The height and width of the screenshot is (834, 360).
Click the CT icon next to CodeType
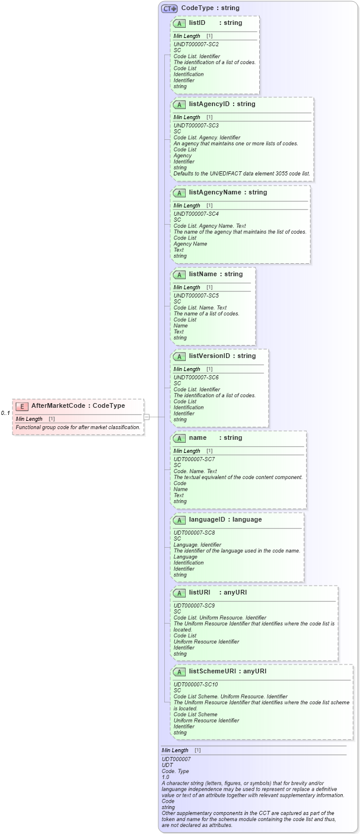170,8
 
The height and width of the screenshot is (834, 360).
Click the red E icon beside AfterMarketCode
22,406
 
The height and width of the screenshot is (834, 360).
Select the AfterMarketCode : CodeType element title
78,406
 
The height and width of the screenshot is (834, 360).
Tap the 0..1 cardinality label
5,413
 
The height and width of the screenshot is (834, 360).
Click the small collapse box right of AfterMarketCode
146,417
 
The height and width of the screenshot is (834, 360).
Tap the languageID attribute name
209,520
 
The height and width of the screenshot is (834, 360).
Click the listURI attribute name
199,593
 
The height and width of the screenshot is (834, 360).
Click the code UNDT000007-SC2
196,44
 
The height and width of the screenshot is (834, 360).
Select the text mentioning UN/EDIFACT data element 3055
241,173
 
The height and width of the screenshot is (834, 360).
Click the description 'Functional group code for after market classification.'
78,427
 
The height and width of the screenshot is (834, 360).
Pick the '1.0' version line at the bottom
165,777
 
